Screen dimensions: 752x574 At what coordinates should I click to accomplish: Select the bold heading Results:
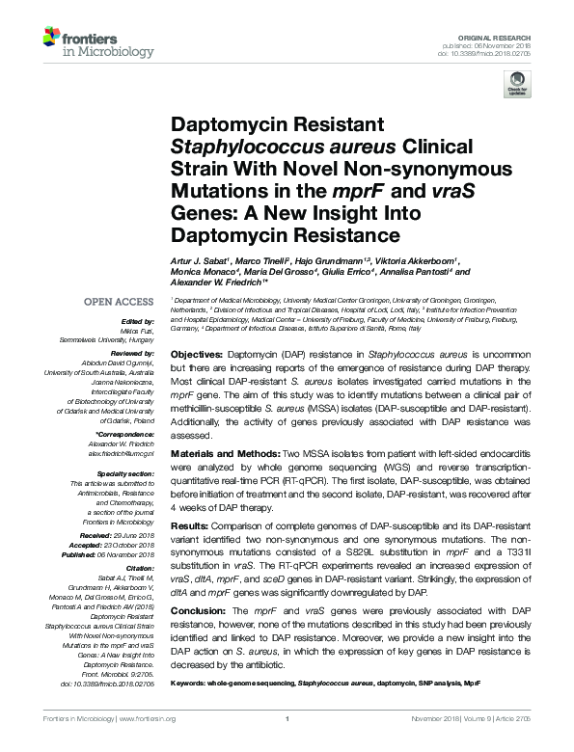[193, 524]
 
